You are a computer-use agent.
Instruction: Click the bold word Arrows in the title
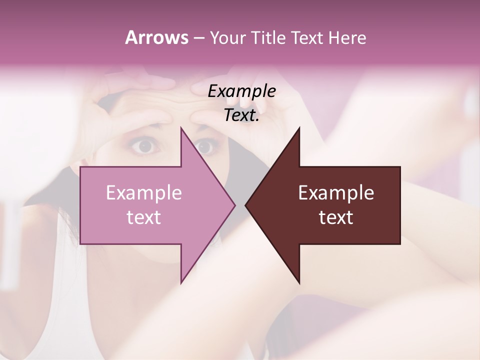pos(156,37)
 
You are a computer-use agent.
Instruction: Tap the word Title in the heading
pos(268,37)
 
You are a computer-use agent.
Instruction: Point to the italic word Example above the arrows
pos(242,91)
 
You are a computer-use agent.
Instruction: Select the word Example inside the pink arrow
pos(144,193)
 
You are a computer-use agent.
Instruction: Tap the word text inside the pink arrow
pos(144,218)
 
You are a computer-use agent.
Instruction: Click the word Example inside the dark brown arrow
pos(336,193)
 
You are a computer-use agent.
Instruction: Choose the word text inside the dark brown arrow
pos(336,218)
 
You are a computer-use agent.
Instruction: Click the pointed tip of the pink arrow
pos(235,205)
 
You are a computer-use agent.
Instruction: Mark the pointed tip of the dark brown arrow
pos(245,205)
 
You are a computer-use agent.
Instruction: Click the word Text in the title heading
pos(308,37)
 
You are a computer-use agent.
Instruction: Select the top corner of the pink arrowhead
pos(181,127)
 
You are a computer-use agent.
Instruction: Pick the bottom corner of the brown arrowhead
pos(299,283)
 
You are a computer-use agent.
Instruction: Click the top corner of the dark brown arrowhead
pos(299,127)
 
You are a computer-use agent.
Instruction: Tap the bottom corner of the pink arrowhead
pos(181,283)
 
